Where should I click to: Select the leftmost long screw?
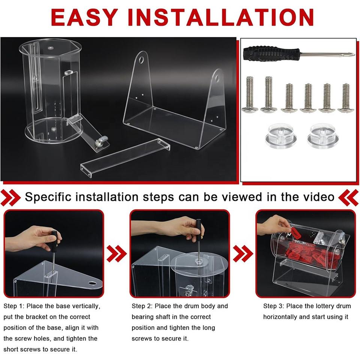click(x=250, y=94)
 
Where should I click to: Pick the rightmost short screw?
click(x=345, y=98)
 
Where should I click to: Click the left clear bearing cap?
click(x=281, y=136)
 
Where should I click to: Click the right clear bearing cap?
click(x=323, y=136)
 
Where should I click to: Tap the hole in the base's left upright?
click(x=141, y=60)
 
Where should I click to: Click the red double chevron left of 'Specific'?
click(x=10, y=198)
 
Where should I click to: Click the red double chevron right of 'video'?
click(x=348, y=198)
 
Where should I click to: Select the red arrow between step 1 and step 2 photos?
click(x=117, y=254)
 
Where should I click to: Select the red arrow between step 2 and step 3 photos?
click(x=243, y=254)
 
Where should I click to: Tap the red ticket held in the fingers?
click(x=296, y=234)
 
